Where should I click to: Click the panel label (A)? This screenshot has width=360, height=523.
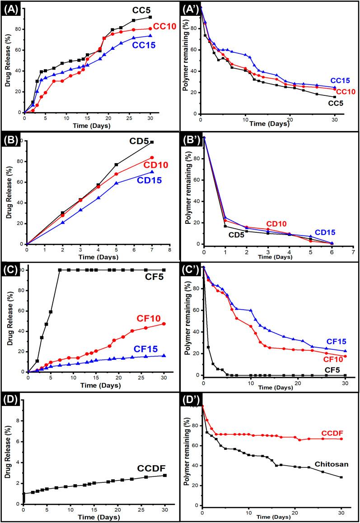click(x=9, y=8)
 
